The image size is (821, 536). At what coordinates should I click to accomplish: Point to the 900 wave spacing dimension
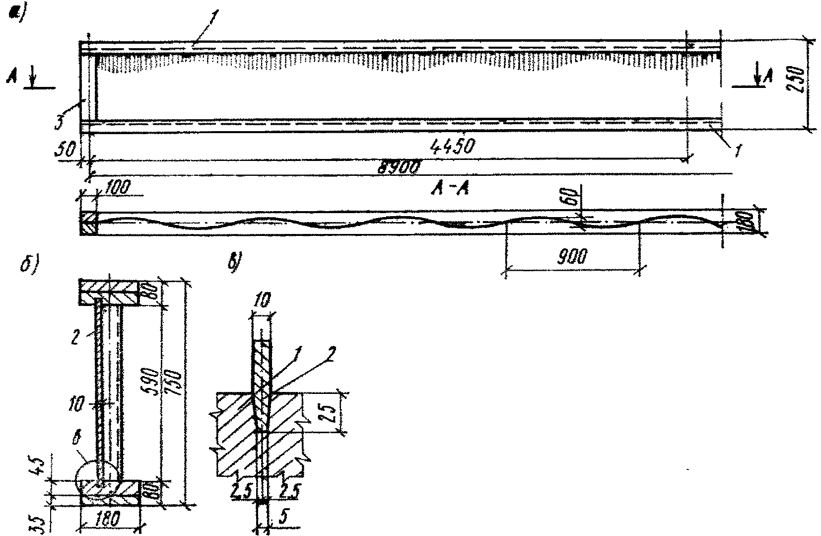tap(572, 257)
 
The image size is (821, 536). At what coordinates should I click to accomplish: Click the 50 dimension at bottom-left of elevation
tap(65, 149)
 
